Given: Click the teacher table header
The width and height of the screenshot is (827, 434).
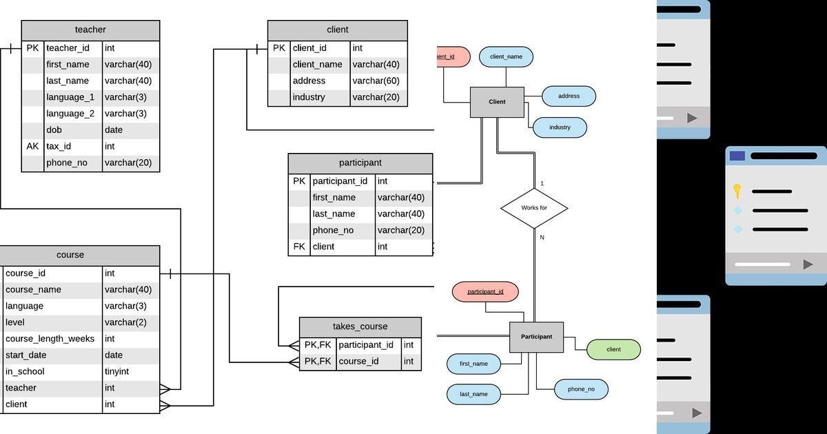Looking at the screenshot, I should (x=90, y=30).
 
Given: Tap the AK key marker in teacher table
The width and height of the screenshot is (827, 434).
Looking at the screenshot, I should (x=32, y=146).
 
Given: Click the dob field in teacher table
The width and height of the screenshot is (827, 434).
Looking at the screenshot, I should (x=55, y=130).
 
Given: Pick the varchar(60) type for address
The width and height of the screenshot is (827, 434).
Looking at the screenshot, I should (x=376, y=81).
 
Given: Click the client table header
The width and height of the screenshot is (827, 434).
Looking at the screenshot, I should (x=337, y=30).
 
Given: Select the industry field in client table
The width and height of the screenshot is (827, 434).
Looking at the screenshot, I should (x=309, y=97).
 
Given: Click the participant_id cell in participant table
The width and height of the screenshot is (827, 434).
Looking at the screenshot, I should (x=340, y=181).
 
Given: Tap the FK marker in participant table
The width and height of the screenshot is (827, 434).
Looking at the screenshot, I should (x=298, y=247).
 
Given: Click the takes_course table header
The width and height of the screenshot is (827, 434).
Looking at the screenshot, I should (x=360, y=327).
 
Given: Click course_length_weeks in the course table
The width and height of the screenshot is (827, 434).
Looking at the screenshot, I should (x=50, y=339).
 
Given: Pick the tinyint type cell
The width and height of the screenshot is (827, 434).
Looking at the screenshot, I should (x=116, y=371).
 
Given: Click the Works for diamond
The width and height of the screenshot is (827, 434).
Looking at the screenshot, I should (x=533, y=207).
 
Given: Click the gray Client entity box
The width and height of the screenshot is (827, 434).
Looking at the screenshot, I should (x=497, y=102).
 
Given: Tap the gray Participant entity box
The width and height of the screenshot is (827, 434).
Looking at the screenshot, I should (x=536, y=337).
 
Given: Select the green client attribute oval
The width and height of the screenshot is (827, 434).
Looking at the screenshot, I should (x=613, y=349).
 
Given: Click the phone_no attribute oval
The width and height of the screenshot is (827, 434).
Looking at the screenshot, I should (x=581, y=389).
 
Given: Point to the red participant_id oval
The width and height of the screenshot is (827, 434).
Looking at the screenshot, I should (x=485, y=291).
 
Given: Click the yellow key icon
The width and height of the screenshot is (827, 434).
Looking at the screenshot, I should (x=737, y=191).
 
